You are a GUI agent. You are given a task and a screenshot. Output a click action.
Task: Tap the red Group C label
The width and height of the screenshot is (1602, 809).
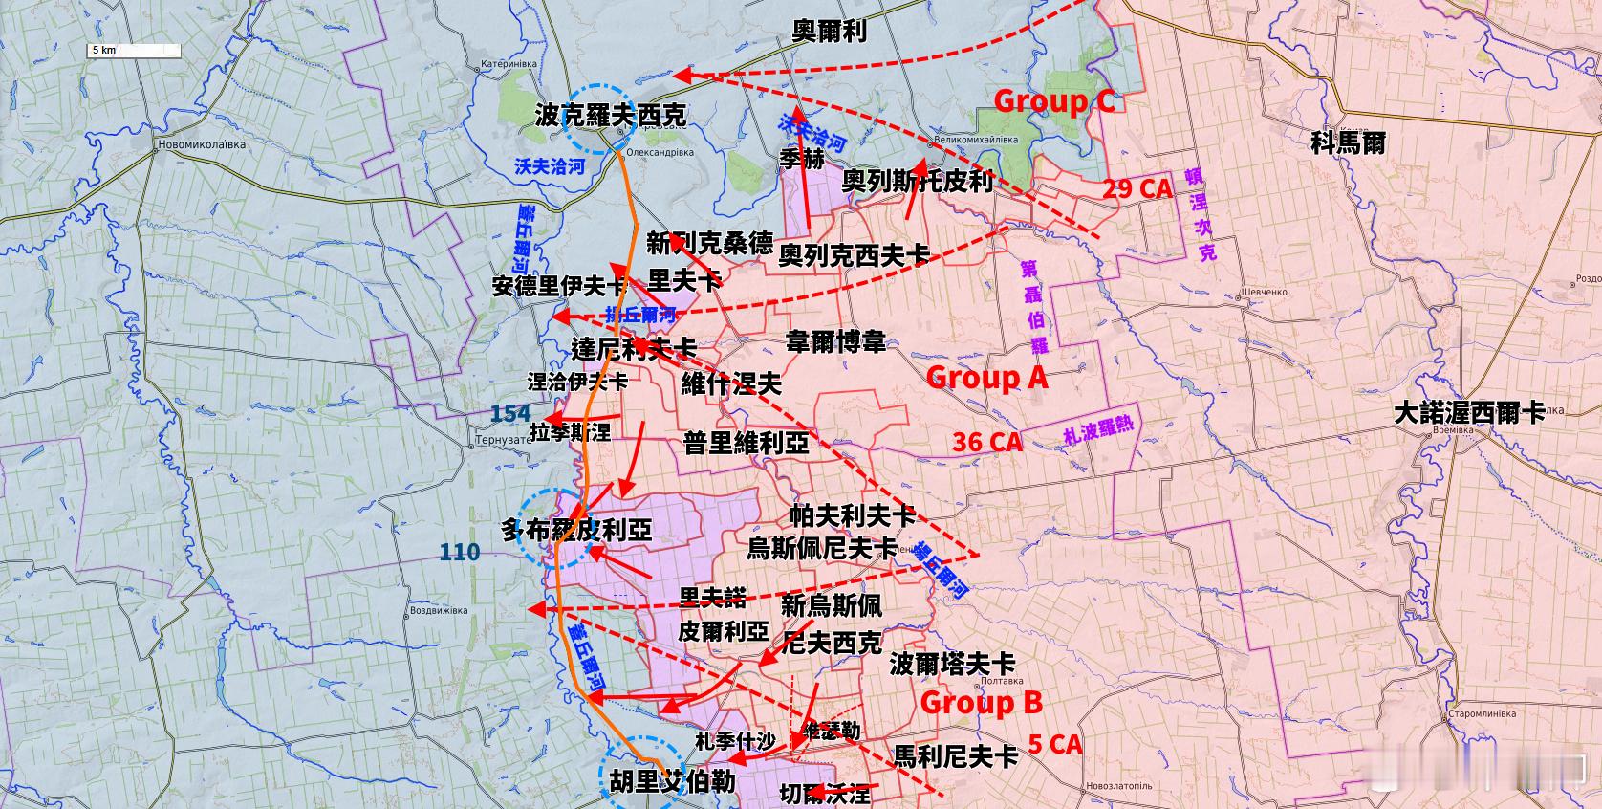click(1054, 101)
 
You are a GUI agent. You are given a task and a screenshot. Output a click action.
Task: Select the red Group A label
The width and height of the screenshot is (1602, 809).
click(987, 378)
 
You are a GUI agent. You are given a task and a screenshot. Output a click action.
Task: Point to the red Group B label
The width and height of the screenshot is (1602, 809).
click(982, 703)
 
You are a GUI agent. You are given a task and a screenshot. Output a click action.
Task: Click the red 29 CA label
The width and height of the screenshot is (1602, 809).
click(1137, 188)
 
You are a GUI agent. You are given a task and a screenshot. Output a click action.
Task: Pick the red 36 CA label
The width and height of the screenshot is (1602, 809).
click(987, 442)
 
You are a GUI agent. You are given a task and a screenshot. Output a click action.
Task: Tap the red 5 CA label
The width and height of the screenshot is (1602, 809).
click(1055, 744)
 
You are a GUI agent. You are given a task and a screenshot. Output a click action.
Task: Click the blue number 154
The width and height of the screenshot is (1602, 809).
click(510, 413)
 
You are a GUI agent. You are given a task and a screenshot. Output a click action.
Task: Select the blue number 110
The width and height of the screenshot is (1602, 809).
click(460, 552)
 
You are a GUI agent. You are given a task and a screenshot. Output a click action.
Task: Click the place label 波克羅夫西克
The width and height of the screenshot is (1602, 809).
click(610, 117)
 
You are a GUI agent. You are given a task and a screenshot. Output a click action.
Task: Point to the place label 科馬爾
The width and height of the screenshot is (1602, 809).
click(1348, 142)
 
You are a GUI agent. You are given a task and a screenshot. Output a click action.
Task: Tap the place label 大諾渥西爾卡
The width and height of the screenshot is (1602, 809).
click(1469, 413)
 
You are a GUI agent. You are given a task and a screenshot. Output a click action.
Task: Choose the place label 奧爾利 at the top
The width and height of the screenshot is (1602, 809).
click(830, 32)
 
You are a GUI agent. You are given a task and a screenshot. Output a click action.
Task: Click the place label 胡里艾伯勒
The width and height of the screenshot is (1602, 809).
click(672, 782)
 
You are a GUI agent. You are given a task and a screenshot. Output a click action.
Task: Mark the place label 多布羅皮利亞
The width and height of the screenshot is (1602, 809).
click(576, 530)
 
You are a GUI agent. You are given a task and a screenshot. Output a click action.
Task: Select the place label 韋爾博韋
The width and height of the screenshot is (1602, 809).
click(835, 341)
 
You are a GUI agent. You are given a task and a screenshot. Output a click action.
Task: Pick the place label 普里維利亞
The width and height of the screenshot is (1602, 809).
click(746, 443)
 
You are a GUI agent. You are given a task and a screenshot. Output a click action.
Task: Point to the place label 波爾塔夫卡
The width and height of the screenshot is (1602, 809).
click(952, 663)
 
